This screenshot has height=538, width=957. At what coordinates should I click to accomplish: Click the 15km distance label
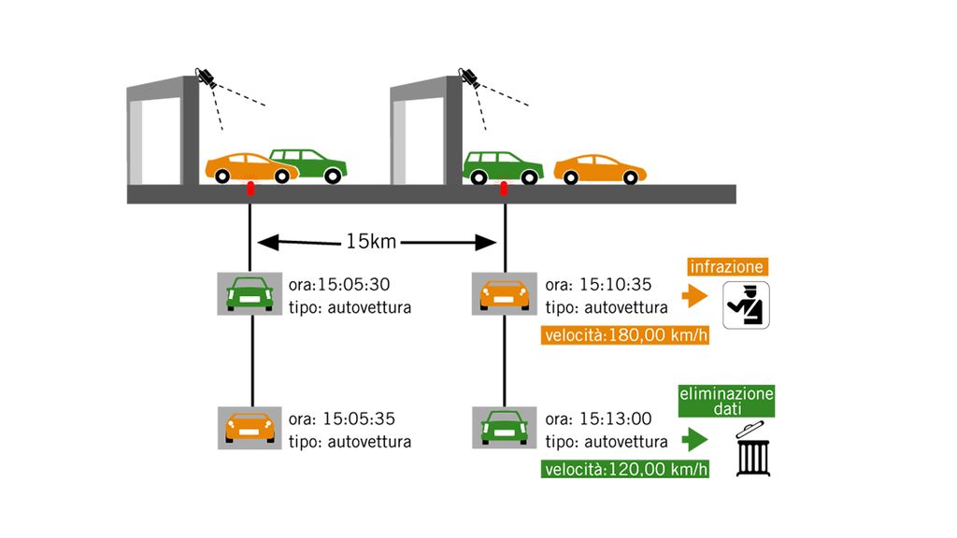coord(372,243)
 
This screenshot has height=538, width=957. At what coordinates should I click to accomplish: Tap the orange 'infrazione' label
coord(727,267)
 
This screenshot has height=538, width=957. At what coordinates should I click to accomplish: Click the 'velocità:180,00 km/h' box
coord(624,335)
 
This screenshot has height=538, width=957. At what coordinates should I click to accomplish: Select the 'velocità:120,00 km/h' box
coord(624,469)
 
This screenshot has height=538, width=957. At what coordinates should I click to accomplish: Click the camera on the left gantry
coord(205,77)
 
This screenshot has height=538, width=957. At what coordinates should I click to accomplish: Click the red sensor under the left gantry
coord(250,190)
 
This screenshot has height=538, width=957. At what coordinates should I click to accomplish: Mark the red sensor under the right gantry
coord(506,190)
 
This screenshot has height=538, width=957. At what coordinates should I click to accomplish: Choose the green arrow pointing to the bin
coord(693,439)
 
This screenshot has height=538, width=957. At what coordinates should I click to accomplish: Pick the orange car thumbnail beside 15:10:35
coord(504,294)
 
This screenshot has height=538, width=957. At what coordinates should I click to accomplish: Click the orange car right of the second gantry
coord(600,169)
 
